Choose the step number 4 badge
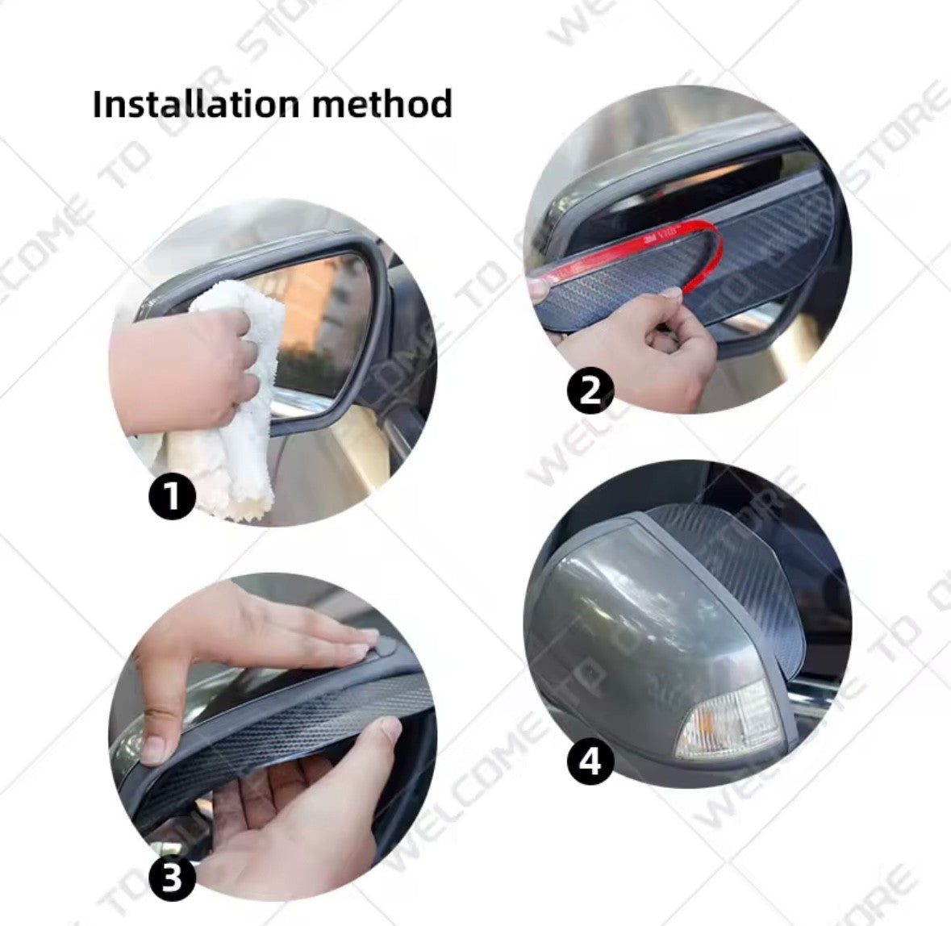(x=590, y=761)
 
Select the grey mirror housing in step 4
(x=613, y=629)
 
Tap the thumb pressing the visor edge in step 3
(x=157, y=746)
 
